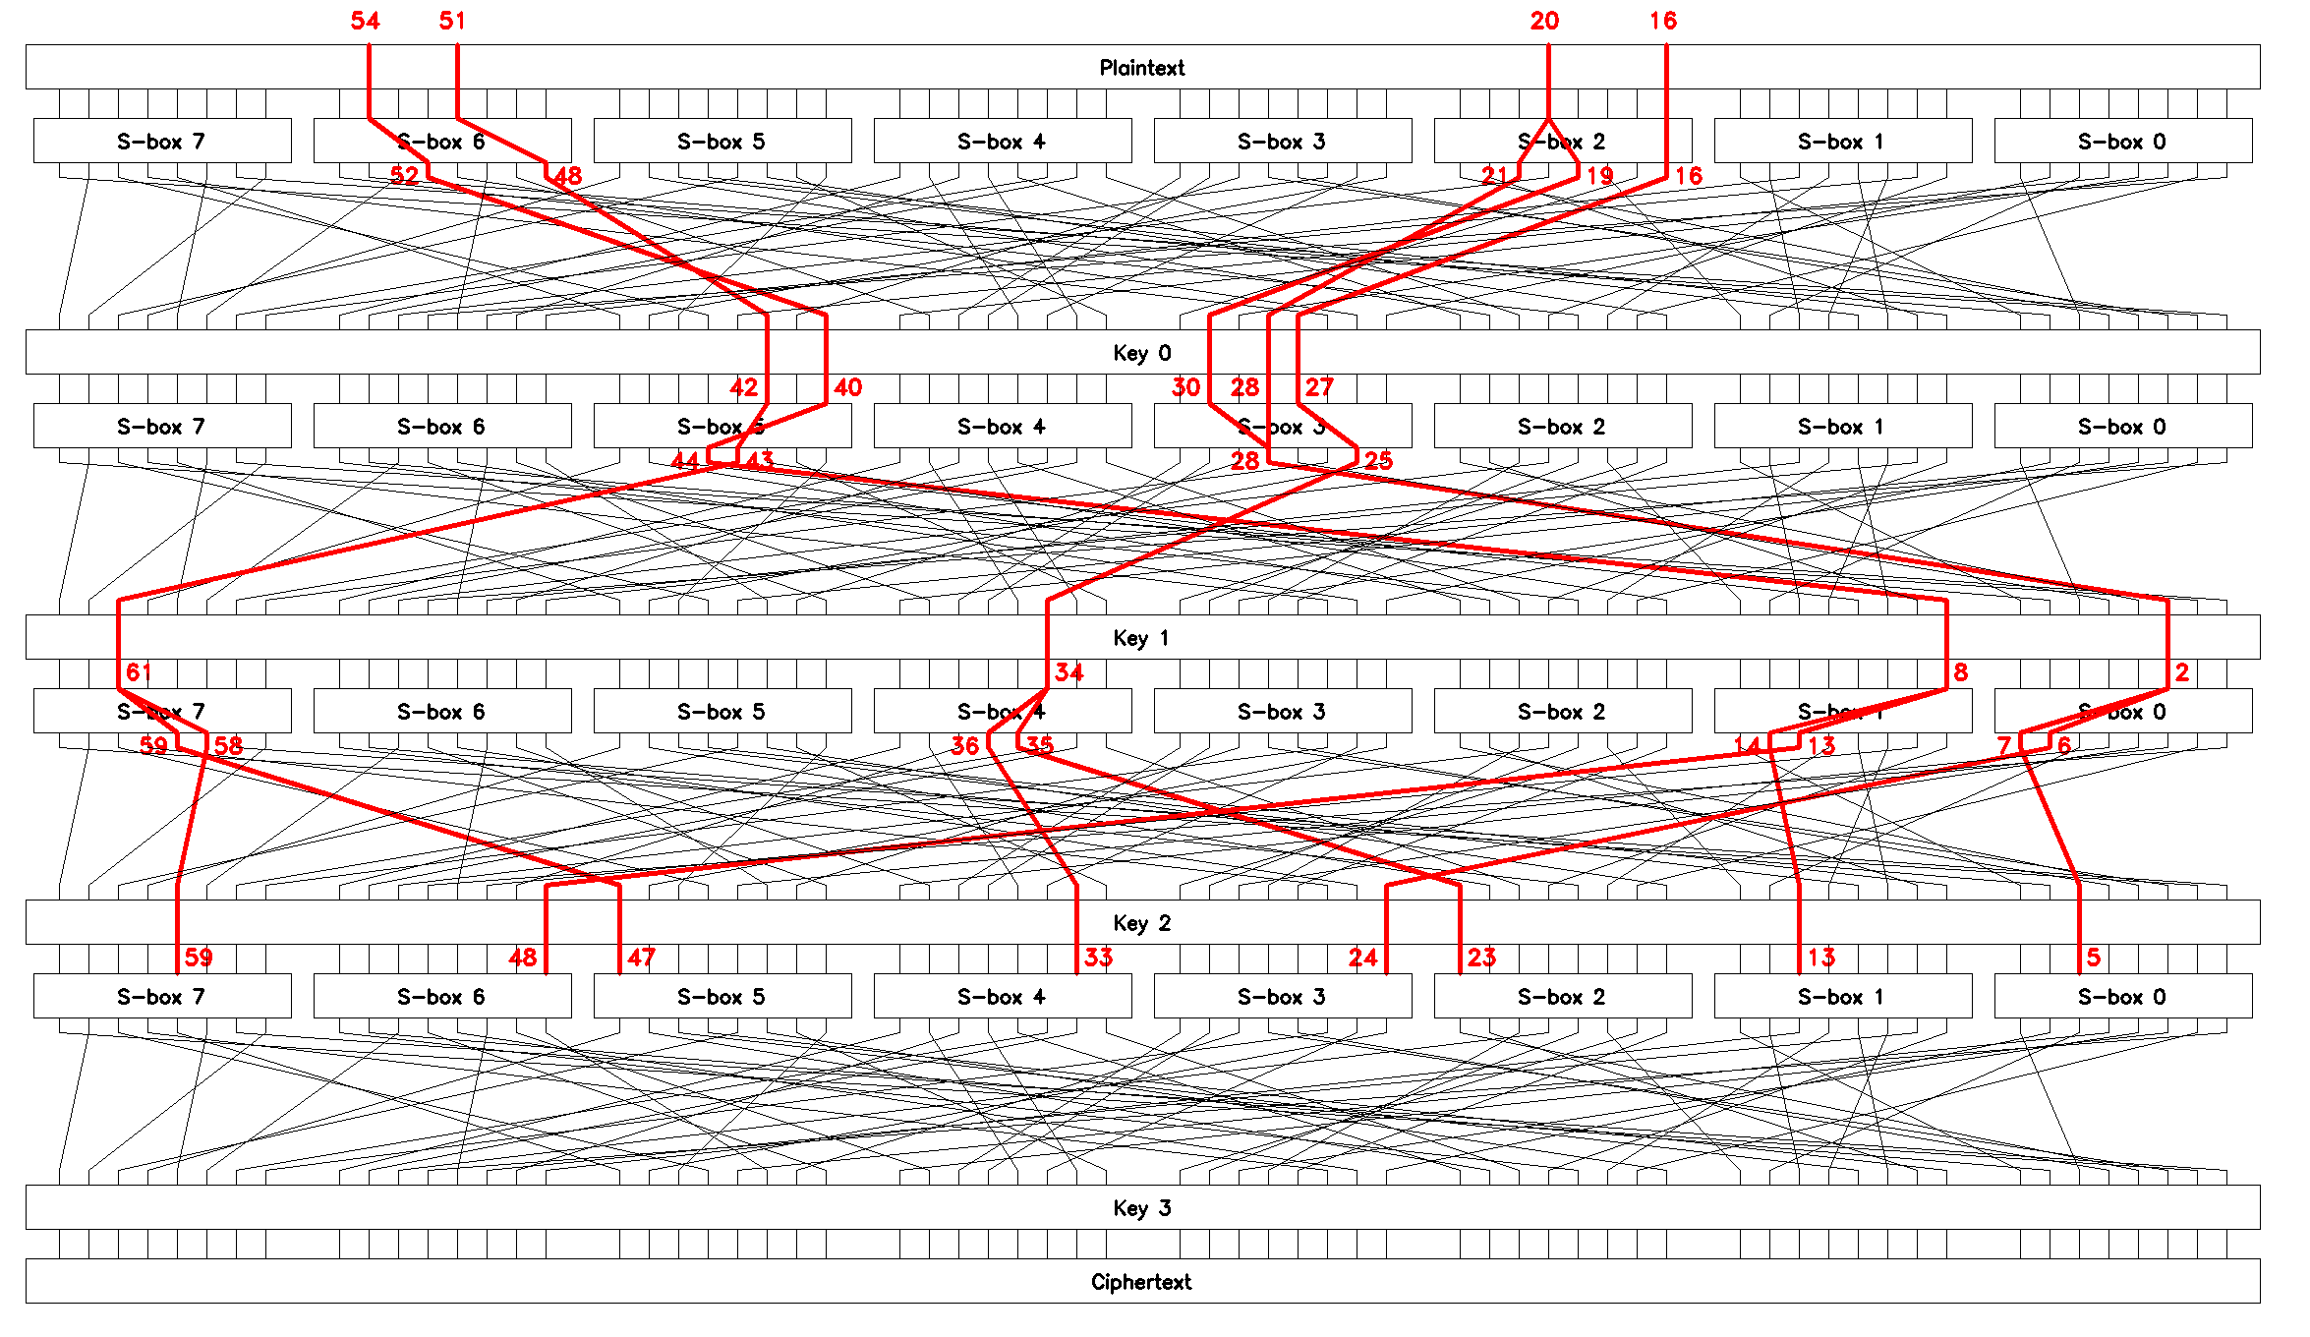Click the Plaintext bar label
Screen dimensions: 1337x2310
(1141, 68)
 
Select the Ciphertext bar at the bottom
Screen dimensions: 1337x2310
(1141, 1282)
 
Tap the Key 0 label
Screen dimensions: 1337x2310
(1141, 353)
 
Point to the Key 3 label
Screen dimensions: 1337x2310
(1141, 1208)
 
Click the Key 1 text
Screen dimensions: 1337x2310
(1141, 638)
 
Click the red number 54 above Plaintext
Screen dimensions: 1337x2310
(365, 21)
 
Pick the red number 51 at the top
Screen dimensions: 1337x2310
(452, 21)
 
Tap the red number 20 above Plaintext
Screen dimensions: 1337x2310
(1544, 21)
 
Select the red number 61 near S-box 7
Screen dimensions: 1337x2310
(139, 672)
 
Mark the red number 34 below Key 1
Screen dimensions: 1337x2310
(1068, 672)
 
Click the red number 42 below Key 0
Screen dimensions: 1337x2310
(743, 387)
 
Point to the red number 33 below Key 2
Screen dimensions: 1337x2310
(1098, 958)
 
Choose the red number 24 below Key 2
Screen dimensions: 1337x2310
(1362, 958)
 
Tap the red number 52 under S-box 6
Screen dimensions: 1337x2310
(404, 176)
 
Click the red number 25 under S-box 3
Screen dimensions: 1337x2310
(1378, 461)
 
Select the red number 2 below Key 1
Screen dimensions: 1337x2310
(2181, 672)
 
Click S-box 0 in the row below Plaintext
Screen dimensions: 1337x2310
(2122, 142)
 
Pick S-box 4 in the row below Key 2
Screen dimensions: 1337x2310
(1002, 997)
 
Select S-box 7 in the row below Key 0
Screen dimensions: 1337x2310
(161, 427)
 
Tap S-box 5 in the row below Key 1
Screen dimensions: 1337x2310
(722, 712)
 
